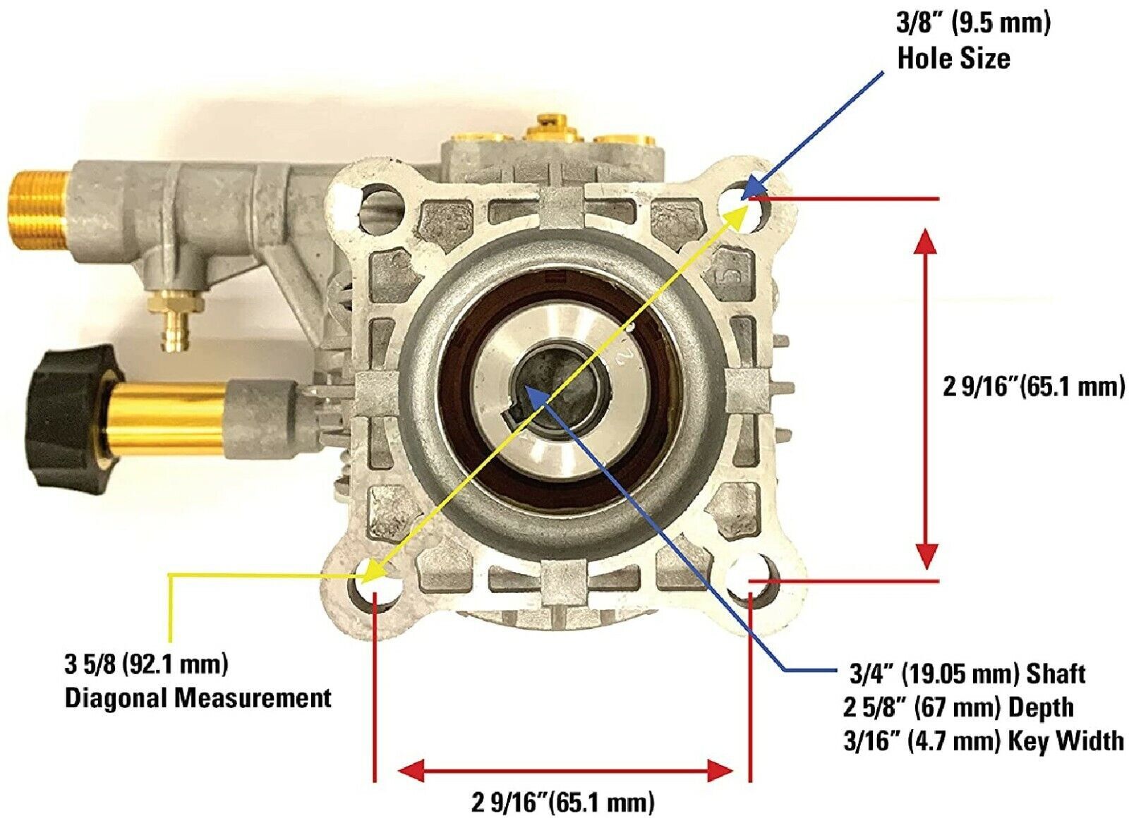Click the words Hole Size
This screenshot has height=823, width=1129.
(x=953, y=59)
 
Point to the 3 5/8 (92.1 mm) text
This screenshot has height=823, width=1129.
(x=147, y=664)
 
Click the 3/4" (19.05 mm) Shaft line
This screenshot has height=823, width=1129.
(x=967, y=674)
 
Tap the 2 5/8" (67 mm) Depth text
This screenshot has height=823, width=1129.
(x=958, y=708)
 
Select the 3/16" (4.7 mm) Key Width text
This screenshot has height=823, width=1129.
(x=984, y=741)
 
